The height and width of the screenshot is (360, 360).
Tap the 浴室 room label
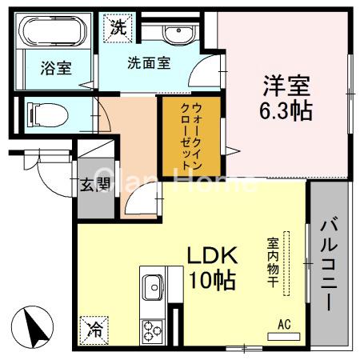(x=55, y=68)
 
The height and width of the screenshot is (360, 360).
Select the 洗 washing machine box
(x=118, y=26)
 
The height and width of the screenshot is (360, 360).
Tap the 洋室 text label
(x=285, y=83)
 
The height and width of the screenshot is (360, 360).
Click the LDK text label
(x=213, y=256)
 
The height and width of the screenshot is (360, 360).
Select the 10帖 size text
(x=212, y=280)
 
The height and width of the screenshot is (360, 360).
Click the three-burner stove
(x=152, y=330)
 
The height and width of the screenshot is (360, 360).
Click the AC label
(x=283, y=324)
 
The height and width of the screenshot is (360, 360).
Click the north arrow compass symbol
(x=33, y=328)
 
